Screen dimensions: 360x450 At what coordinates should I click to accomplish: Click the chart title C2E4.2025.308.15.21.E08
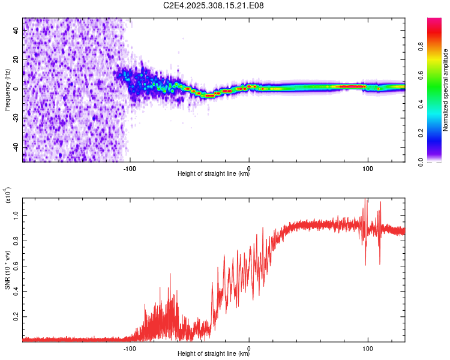(x=214, y=5)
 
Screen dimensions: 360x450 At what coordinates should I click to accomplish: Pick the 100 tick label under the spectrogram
(x=367, y=168)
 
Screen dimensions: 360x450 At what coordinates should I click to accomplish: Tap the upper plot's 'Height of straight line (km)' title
(x=214, y=175)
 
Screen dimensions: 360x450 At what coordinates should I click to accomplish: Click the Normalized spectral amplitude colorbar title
(x=446, y=90)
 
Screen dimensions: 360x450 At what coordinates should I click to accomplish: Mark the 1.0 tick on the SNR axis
(x=17, y=215)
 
